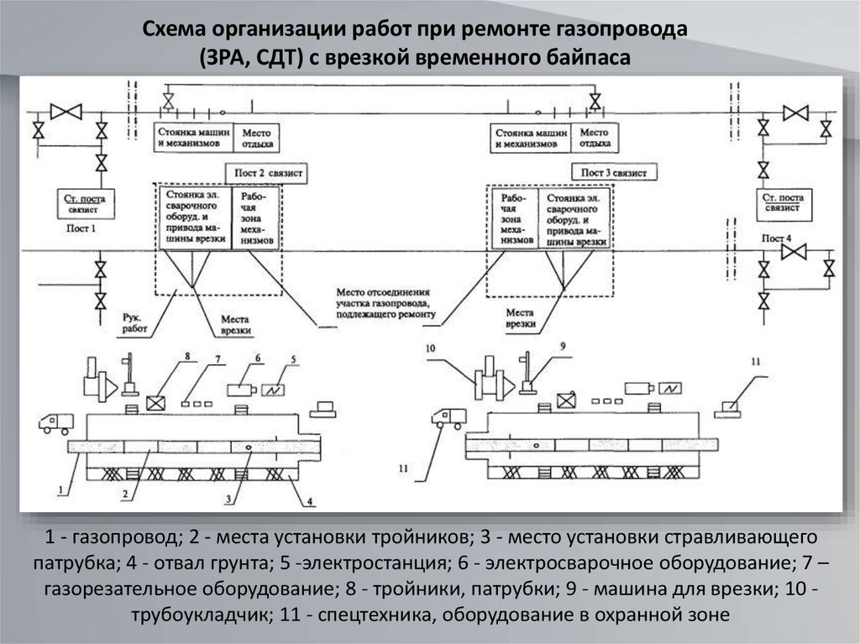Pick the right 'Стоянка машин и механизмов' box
[x=530, y=138]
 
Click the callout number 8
[x=187, y=357]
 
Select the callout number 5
[x=293, y=359]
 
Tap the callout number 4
[x=308, y=502]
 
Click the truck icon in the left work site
[x=56, y=422]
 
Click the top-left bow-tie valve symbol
[x=65, y=111]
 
